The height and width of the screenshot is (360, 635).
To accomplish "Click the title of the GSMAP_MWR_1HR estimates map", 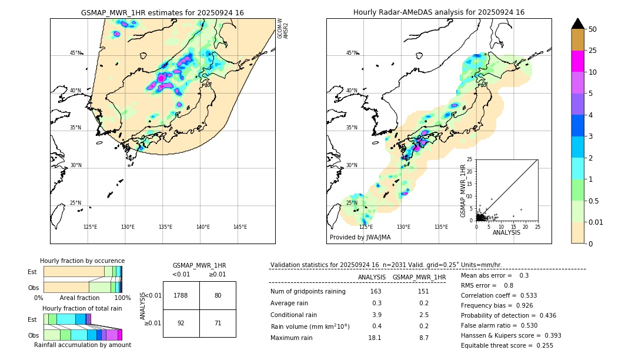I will (x=162, y=12).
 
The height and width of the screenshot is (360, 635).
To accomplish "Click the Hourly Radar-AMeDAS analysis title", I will (x=439, y=12).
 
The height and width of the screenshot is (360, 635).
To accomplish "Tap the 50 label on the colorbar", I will (x=593, y=29).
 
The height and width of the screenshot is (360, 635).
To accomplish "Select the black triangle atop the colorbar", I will (x=578, y=24).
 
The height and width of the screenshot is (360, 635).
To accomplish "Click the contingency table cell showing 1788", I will (x=181, y=295).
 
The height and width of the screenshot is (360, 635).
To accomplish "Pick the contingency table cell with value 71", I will (x=218, y=323).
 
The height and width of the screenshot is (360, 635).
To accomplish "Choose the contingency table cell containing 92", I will (x=181, y=323).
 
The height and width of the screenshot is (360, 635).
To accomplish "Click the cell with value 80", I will (x=218, y=295).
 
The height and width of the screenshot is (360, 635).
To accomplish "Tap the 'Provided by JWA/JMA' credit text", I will (x=360, y=238).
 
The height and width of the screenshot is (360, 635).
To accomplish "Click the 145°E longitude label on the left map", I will (x=240, y=227).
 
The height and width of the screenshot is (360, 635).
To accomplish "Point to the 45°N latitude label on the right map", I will (x=352, y=53).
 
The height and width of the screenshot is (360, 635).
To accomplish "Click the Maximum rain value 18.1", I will (x=375, y=338).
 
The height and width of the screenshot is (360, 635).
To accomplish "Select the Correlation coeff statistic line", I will (x=499, y=295).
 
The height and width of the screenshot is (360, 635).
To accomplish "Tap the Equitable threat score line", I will (x=507, y=345).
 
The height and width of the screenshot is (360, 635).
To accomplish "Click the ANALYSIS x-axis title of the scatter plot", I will (x=506, y=232).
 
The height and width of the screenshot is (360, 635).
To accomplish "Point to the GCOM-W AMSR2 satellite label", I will (x=283, y=28).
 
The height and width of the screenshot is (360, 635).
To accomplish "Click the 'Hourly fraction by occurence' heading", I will (x=82, y=261).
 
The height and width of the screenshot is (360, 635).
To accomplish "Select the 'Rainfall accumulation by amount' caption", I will (x=82, y=345).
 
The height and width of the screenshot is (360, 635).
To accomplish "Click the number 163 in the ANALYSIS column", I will (x=376, y=292).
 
